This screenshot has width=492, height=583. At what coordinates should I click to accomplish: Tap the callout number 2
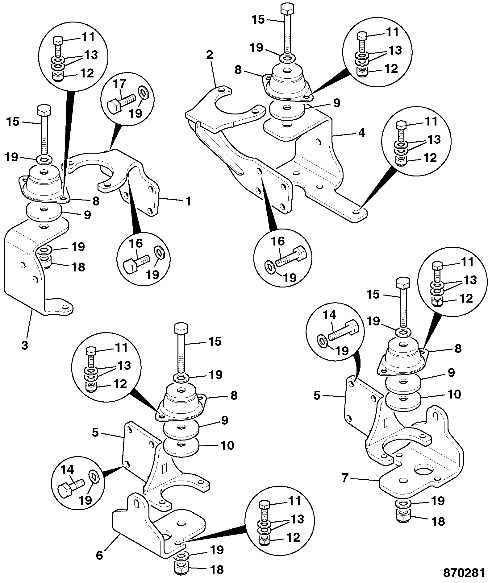209,55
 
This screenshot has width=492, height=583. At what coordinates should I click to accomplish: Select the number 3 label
25,345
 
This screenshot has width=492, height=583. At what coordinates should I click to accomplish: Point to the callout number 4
361,133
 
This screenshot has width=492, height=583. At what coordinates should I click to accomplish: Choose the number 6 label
99,555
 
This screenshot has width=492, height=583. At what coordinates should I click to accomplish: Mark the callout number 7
345,487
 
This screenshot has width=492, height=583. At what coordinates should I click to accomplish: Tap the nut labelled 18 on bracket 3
45,262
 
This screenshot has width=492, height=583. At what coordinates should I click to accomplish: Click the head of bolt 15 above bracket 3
44,110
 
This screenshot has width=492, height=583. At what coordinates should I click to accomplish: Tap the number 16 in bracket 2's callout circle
278,242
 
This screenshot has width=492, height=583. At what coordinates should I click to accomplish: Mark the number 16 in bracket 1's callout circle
136,243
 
